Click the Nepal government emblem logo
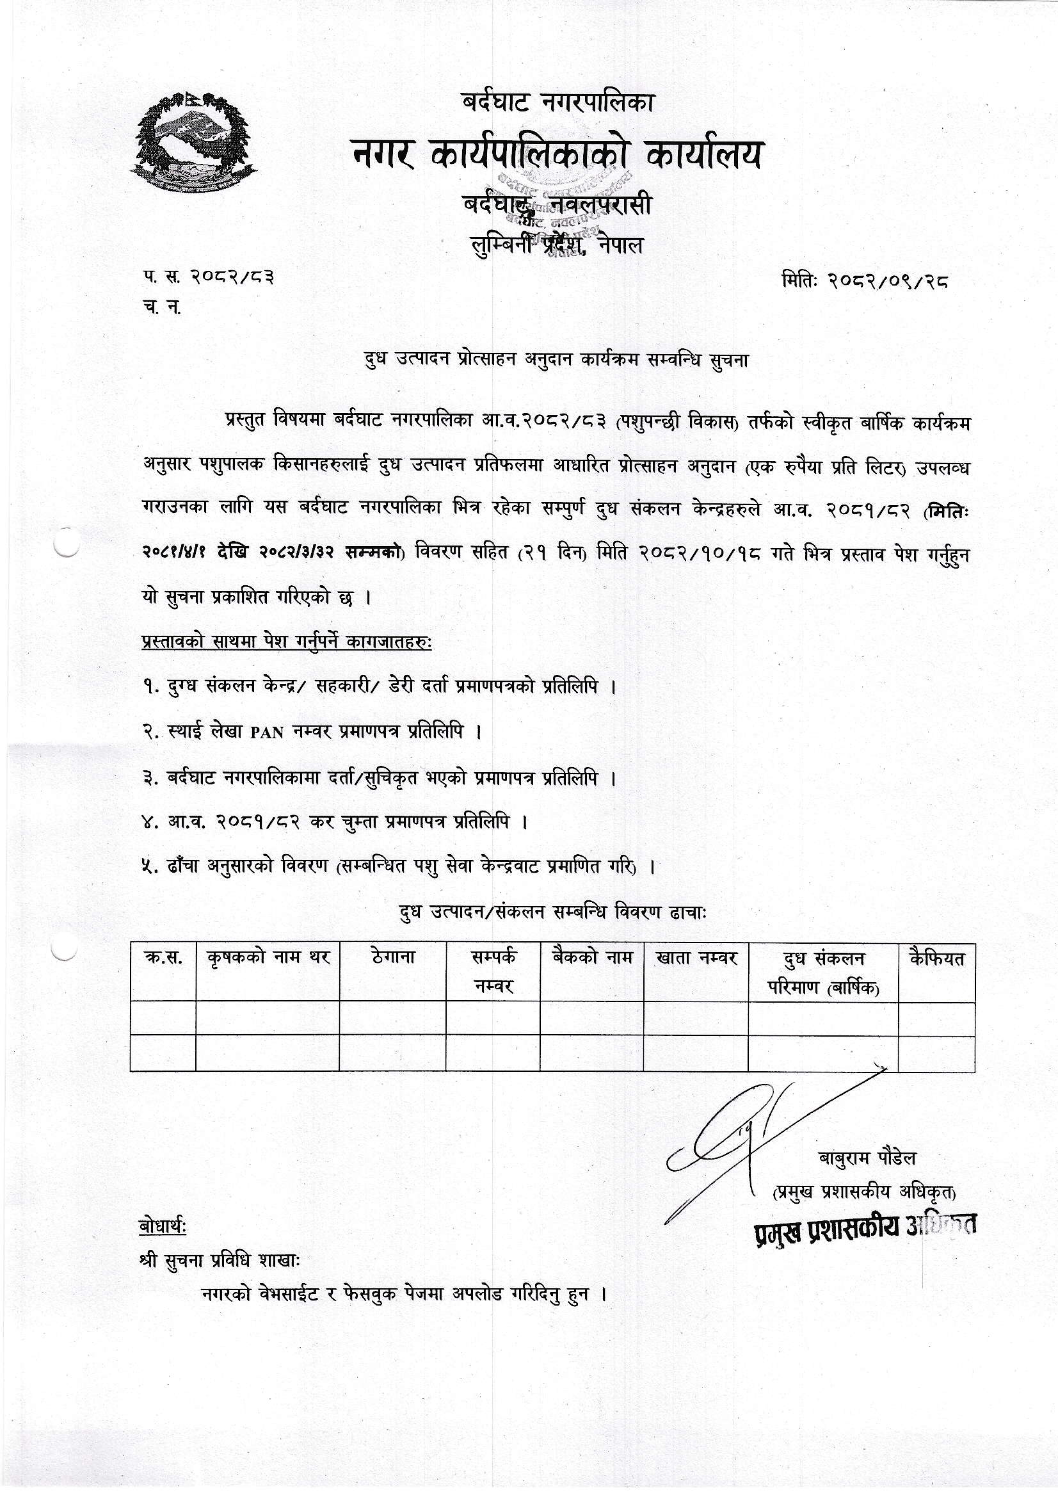[195, 142]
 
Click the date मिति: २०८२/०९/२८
[865, 281]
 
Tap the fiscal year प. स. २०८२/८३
[208, 277]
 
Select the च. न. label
[162, 308]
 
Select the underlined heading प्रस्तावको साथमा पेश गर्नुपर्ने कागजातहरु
[286, 642]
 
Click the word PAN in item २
[268, 732]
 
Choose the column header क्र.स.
[163, 958]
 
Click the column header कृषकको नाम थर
[268, 958]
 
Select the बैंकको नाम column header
[592, 958]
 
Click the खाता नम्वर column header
[696, 958]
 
